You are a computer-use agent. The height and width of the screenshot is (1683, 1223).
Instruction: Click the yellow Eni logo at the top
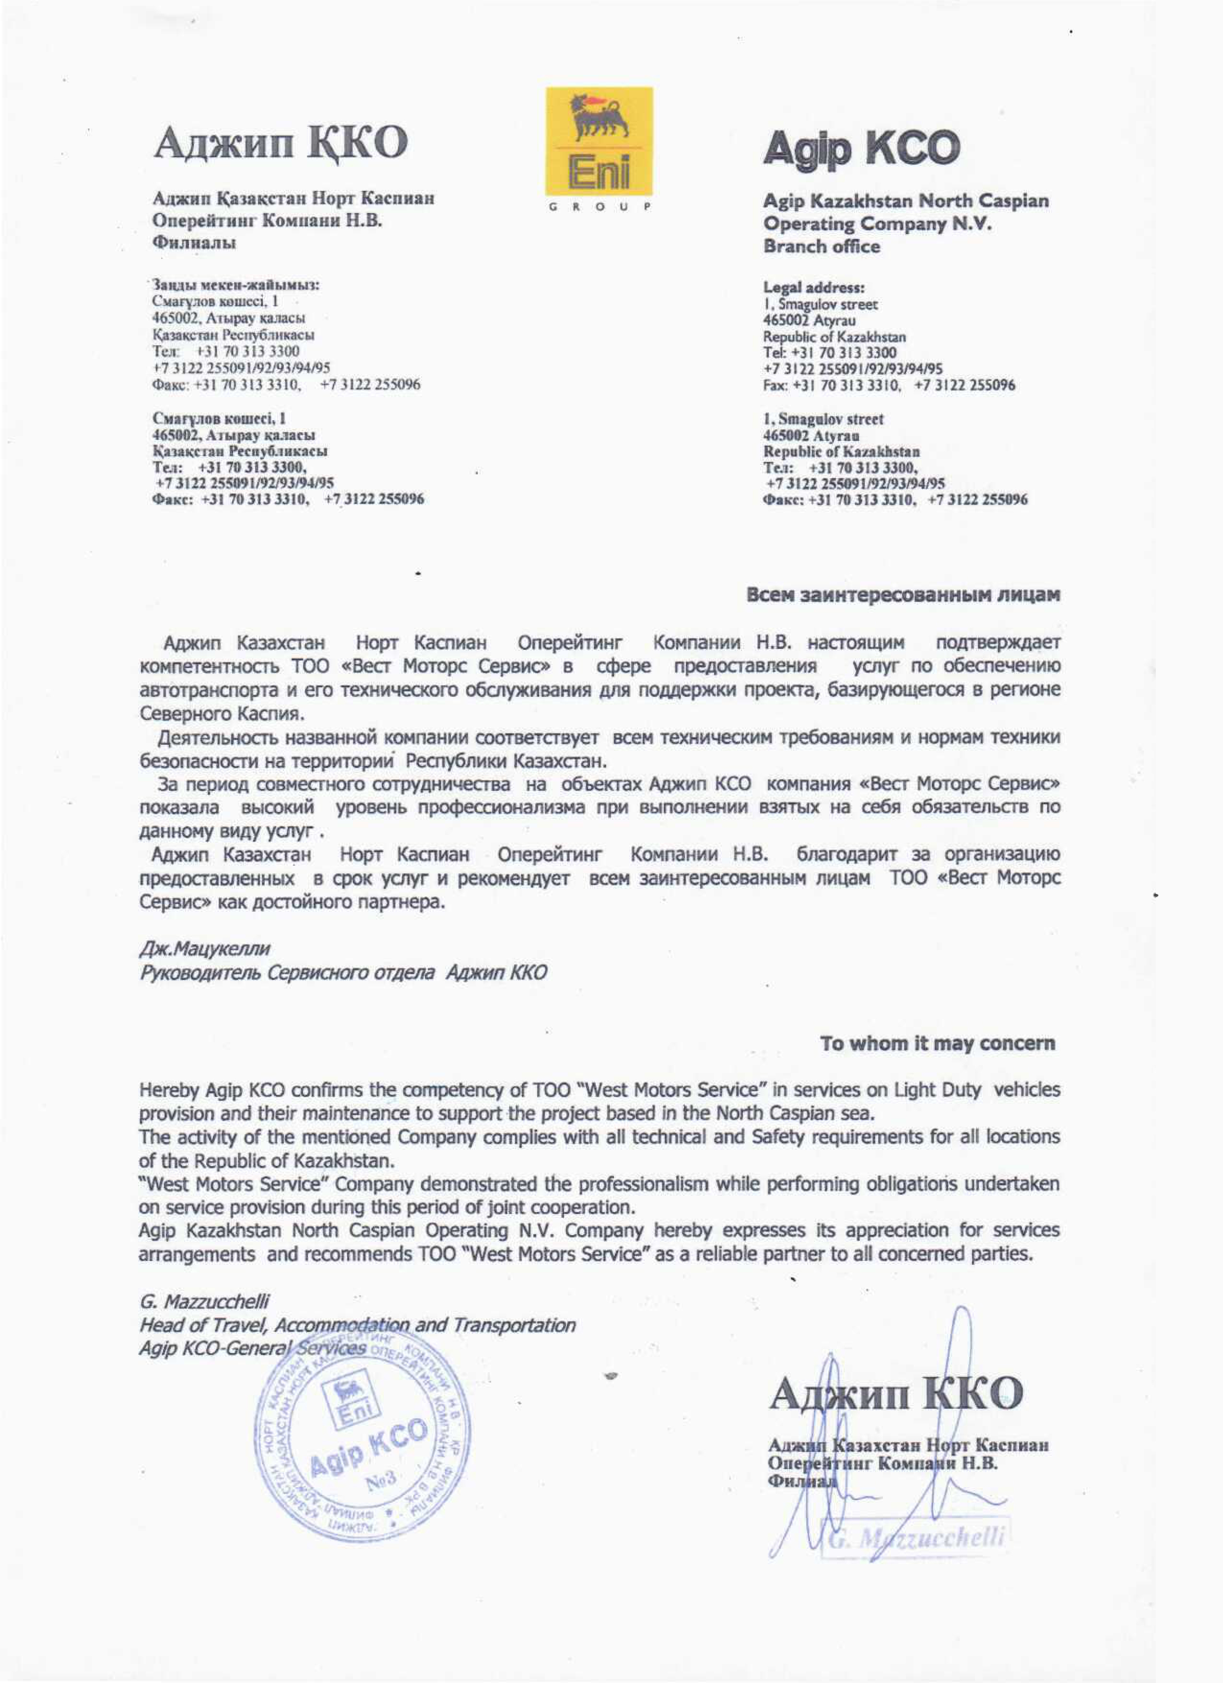click(599, 141)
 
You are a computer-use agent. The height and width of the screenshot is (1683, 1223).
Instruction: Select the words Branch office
click(822, 247)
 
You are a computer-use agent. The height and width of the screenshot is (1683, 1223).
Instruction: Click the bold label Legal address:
click(814, 287)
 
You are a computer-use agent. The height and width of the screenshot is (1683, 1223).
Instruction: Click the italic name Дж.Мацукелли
click(205, 948)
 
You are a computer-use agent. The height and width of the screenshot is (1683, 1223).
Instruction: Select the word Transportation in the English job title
click(514, 1325)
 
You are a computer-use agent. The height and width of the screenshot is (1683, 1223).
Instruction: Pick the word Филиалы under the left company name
click(194, 243)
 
